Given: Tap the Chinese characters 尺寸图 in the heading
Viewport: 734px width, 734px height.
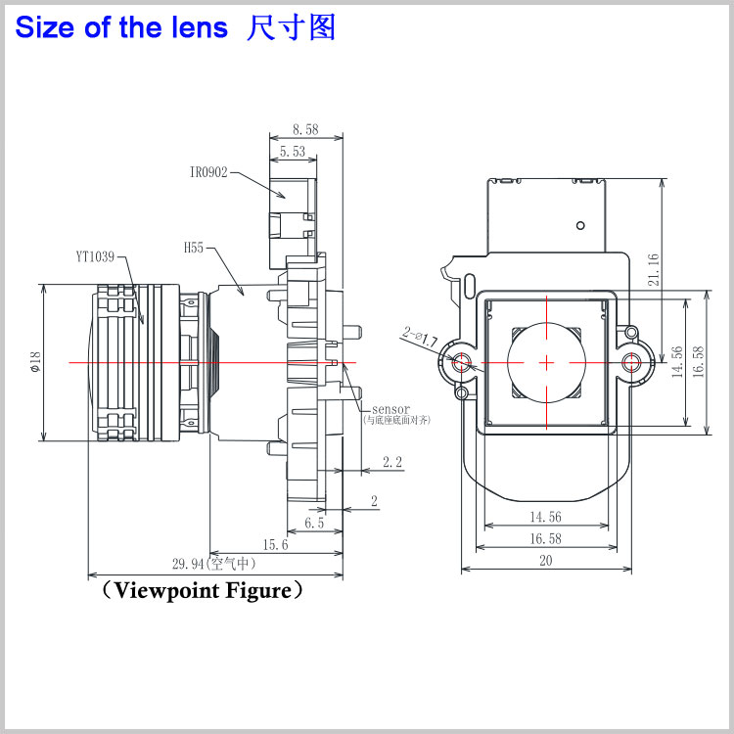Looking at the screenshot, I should pyautogui.click(x=292, y=27).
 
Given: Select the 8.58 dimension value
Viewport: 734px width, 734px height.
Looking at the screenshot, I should pyautogui.click(x=305, y=128).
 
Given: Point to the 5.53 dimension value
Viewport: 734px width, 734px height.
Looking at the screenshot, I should pyautogui.click(x=293, y=152).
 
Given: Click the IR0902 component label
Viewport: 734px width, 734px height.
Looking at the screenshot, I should pyautogui.click(x=208, y=172).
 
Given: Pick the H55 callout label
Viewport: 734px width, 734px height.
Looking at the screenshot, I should pyautogui.click(x=193, y=249).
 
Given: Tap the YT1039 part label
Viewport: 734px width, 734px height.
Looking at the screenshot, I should pyautogui.click(x=95, y=257).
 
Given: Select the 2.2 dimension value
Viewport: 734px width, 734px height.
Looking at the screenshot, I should pyautogui.click(x=392, y=462).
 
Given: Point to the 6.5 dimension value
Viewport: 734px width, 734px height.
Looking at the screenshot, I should pyautogui.click(x=314, y=524).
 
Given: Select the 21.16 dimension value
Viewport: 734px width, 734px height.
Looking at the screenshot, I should pyautogui.click(x=653, y=269).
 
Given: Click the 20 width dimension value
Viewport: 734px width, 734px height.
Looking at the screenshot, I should pyautogui.click(x=546, y=560).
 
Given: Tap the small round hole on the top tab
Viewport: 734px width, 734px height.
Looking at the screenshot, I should pyautogui.click(x=580, y=226).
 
